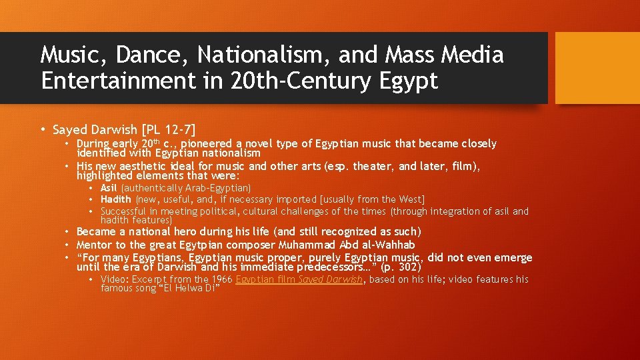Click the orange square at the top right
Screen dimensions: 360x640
[597, 68]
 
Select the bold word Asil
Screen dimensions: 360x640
[109, 189]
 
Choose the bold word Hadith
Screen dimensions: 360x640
[115, 199]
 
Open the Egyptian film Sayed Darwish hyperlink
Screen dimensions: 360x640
[299, 279]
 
